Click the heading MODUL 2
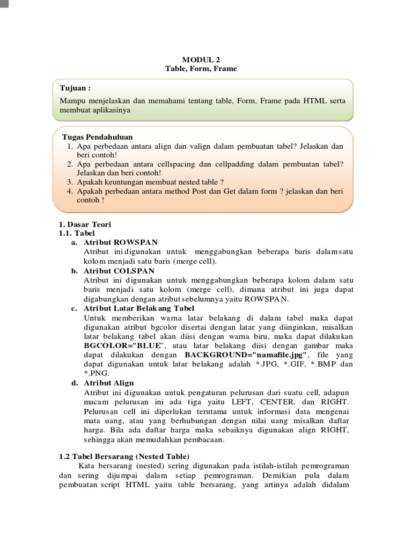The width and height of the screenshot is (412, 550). tap(201, 60)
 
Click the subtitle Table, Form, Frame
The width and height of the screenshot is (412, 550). tap(201, 69)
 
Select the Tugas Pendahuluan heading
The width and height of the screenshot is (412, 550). tap(97, 137)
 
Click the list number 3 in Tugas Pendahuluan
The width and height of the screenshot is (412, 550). tap(70, 182)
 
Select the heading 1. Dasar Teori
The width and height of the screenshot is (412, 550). tap(84, 223)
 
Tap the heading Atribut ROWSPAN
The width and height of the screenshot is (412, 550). tap(121, 242)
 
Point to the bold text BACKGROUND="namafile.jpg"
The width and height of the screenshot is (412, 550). tap(246, 354)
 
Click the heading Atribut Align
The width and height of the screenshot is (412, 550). tap(109, 383)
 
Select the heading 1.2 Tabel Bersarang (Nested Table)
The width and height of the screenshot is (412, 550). tap(124, 456)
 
